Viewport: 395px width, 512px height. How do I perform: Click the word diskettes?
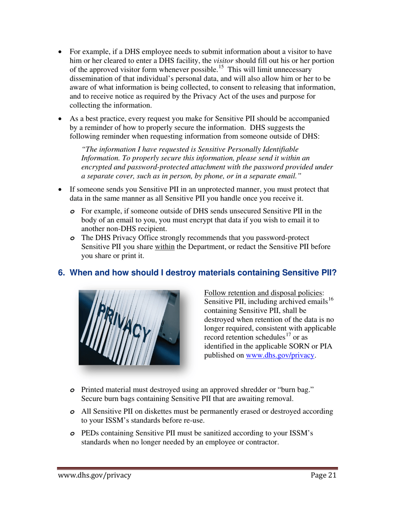(x=151, y=411)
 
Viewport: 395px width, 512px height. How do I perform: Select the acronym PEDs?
(x=91, y=433)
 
